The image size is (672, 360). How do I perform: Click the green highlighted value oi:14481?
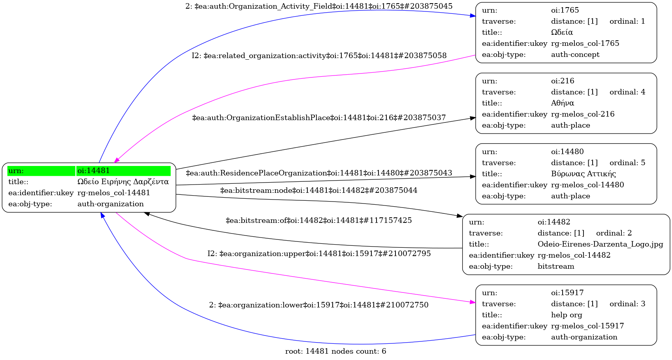click(x=94, y=171)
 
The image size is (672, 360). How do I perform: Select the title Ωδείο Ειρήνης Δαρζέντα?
click(x=123, y=182)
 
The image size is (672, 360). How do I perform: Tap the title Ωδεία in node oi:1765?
click(x=562, y=32)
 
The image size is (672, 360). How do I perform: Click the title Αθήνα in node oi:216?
click(x=563, y=103)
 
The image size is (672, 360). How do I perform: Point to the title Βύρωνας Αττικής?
click(x=583, y=174)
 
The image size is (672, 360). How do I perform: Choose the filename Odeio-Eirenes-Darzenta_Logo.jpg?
click(x=600, y=244)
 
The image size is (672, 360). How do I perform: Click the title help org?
click(x=567, y=315)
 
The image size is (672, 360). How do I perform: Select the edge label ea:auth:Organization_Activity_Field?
click(x=319, y=6)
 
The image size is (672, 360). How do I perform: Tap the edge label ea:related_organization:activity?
click(x=319, y=56)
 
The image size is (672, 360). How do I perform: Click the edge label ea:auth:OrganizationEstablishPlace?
click(x=319, y=118)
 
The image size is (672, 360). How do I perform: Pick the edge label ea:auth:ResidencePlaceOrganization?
click(x=319, y=173)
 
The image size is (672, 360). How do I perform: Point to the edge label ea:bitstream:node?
click(x=318, y=190)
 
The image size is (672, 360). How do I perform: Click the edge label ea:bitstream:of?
click(x=318, y=221)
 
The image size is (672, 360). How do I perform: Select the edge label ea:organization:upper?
click(x=319, y=253)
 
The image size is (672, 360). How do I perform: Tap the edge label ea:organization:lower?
click(x=318, y=305)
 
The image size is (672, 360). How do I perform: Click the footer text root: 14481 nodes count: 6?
click(x=335, y=351)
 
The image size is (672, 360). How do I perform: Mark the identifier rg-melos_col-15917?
click(x=587, y=326)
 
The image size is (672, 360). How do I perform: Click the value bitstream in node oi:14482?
click(x=556, y=266)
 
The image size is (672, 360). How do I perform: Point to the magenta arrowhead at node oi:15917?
click(x=473, y=302)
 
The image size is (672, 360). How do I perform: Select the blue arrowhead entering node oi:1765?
click(x=473, y=16)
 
